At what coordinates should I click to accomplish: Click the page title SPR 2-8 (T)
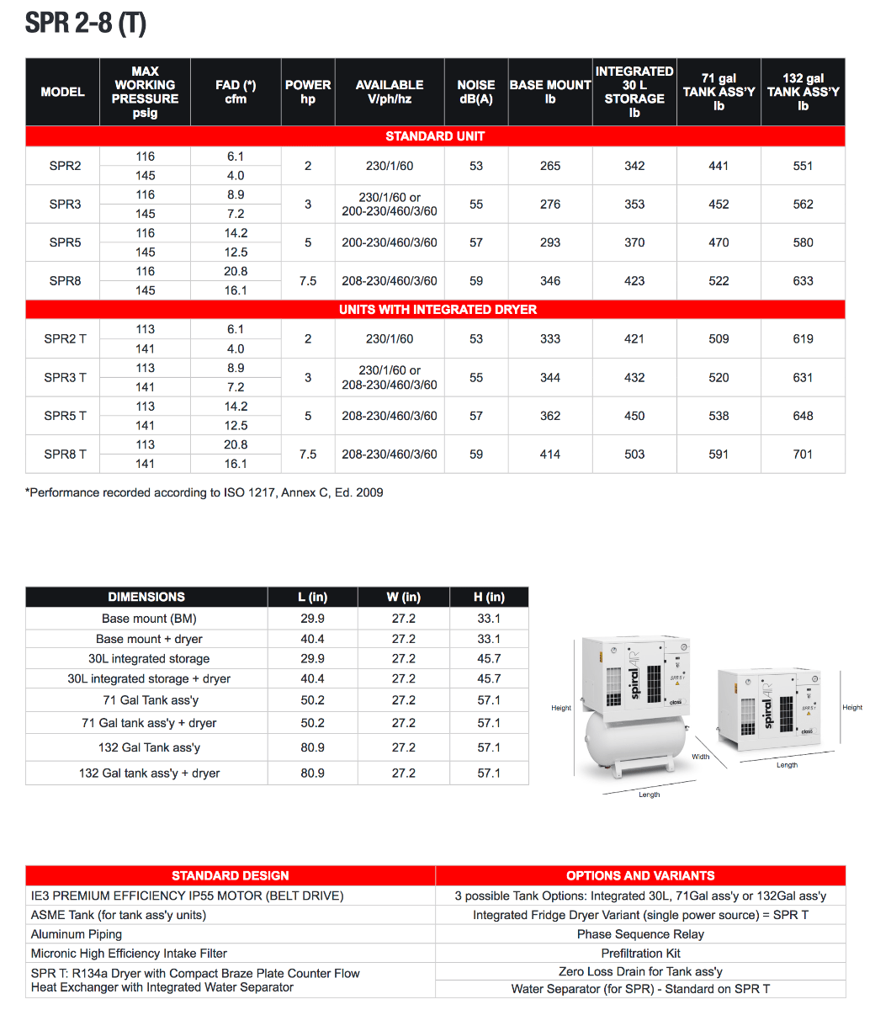[x=85, y=23]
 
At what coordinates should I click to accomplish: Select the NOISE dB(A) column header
[x=475, y=92]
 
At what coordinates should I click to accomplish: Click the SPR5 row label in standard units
[x=65, y=242]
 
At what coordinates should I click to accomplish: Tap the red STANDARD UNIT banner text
[x=435, y=136]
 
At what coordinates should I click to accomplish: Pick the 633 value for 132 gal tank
[x=803, y=281]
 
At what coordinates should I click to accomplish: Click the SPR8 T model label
[x=65, y=454]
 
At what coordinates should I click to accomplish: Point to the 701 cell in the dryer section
[x=803, y=454]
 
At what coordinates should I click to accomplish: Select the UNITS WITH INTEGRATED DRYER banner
[x=438, y=310]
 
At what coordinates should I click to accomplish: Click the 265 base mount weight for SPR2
[x=550, y=166]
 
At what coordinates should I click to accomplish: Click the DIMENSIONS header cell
[x=146, y=597]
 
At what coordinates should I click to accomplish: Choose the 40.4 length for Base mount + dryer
[x=312, y=639]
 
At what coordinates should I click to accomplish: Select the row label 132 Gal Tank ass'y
[x=149, y=747]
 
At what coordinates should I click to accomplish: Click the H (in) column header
[x=489, y=597]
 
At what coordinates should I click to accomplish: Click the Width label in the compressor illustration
[x=701, y=757]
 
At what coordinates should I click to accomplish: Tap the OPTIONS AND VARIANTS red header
[x=640, y=875]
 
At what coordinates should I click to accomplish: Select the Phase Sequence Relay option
[x=640, y=934]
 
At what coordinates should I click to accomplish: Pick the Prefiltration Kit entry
[x=640, y=954]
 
